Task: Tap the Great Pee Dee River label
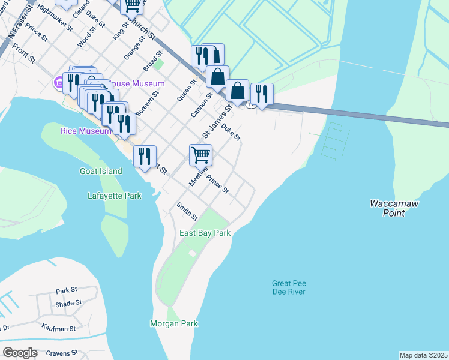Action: [x=289, y=287]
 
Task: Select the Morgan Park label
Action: [x=173, y=323]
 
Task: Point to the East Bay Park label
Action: [x=205, y=233]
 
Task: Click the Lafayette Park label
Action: [x=114, y=196]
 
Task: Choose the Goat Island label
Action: [x=101, y=171]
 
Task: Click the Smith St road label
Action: [x=187, y=210]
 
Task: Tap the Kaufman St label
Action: [x=59, y=328]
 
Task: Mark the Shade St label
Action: [x=68, y=304]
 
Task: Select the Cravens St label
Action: [x=61, y=353]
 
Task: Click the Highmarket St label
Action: [x=54, y=18]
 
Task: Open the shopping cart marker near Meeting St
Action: [x=200, y=155]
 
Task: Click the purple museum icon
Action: [x=59, y=82]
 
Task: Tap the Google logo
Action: [x=20, y=352]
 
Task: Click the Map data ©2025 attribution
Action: [x=424, y=355]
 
